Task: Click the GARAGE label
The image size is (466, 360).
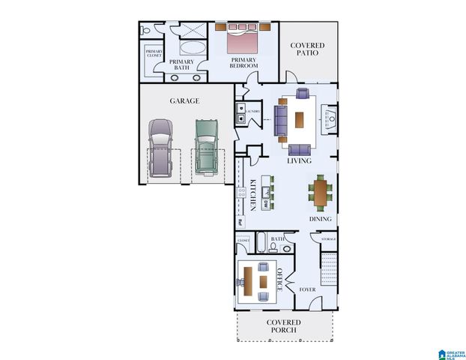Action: point(184,100)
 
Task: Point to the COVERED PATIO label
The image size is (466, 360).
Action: point(307,51)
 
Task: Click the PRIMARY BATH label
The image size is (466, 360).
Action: point(181,64)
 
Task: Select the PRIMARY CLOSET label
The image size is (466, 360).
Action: point(154,54)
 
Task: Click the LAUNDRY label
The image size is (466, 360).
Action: point(252,112)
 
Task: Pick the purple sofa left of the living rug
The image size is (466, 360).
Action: point(280,120)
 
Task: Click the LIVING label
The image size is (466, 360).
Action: point(300,160)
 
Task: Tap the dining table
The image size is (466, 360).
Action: point(321,193)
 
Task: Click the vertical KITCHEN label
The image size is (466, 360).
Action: point(253,194)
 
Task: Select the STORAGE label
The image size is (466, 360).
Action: point(328,239)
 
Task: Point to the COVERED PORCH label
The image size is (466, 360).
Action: point(283,326)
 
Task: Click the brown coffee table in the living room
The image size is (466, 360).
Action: point(300,120)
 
